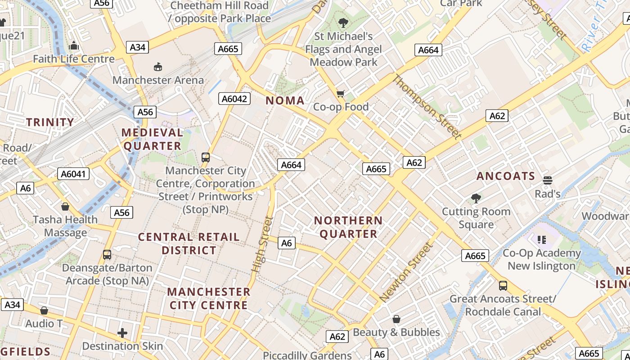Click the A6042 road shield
click(x=234, y=99)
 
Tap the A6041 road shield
click(x=74, y=174)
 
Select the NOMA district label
click(x=285, y=101)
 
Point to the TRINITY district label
click(x=50, y=122)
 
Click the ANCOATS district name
click(x=506, y=176)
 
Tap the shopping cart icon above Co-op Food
click(x=341, y=94)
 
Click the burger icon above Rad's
click(x=548, y=180)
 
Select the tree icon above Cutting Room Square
click(x=476, y=198)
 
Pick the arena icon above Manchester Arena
click(x=158, y=67)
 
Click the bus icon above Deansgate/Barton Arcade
click(x=107, y=255)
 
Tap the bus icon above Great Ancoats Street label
click(x=503, y=285)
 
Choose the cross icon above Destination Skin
click(x=122, y=333)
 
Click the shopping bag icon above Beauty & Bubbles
click(x=396, y=319)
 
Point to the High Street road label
click(x=262, y=244)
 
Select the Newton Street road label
click(x=406, y=272)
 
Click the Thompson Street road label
click(x=427, y=107)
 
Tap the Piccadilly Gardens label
click(x=307, y=355)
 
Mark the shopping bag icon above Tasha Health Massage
click(x=65, y=207)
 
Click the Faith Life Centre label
click(x=74, y=59)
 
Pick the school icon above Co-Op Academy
click(x=541, y=239)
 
